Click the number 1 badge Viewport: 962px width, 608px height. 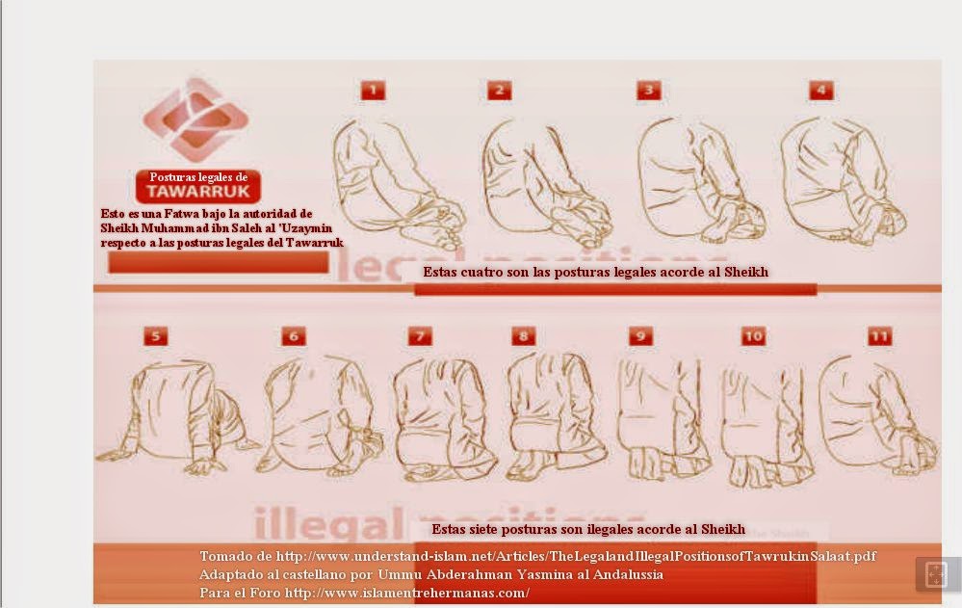click(373, 91)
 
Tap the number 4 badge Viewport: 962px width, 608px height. click(820, 91)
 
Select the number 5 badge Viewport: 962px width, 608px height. click(156, 335)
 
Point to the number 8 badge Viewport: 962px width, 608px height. click(523, 336)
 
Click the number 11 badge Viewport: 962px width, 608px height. click(878, 336)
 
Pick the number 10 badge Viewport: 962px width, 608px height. click(753, 336)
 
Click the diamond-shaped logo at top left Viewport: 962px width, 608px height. click(195, 119)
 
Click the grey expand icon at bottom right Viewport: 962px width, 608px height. click(935, 574)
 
